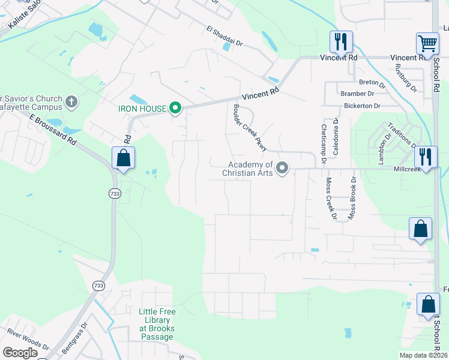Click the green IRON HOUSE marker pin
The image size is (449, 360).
[x=175, y=109]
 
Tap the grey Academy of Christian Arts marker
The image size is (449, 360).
[x=282, y=169]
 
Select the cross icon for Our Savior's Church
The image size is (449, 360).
[x=71, y=101]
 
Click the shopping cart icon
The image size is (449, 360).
[x=427, y=43]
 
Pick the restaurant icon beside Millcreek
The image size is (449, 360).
[x=426, y=157]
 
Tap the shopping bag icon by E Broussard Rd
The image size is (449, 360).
[x=123, y=158]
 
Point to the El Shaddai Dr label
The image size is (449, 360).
[x=224, y=36]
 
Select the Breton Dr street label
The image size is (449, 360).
[x=369, y=82]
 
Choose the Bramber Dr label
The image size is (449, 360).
[x=357, y=94]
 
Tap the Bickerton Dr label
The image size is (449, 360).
[x=362, y=106]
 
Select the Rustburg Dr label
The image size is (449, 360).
[x=411, y=80]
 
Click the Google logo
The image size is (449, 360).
[x=20, y=353]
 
